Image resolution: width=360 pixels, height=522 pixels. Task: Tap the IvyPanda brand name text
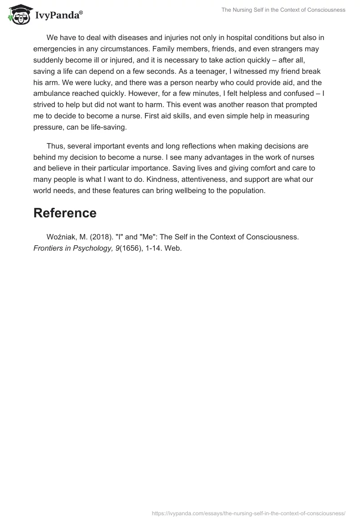pos(58,15)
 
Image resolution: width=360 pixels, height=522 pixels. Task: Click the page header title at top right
pos(283,10)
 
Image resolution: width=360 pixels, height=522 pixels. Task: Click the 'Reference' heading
pos(65,213)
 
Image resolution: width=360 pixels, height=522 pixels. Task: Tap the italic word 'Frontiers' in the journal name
pos(49,249)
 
